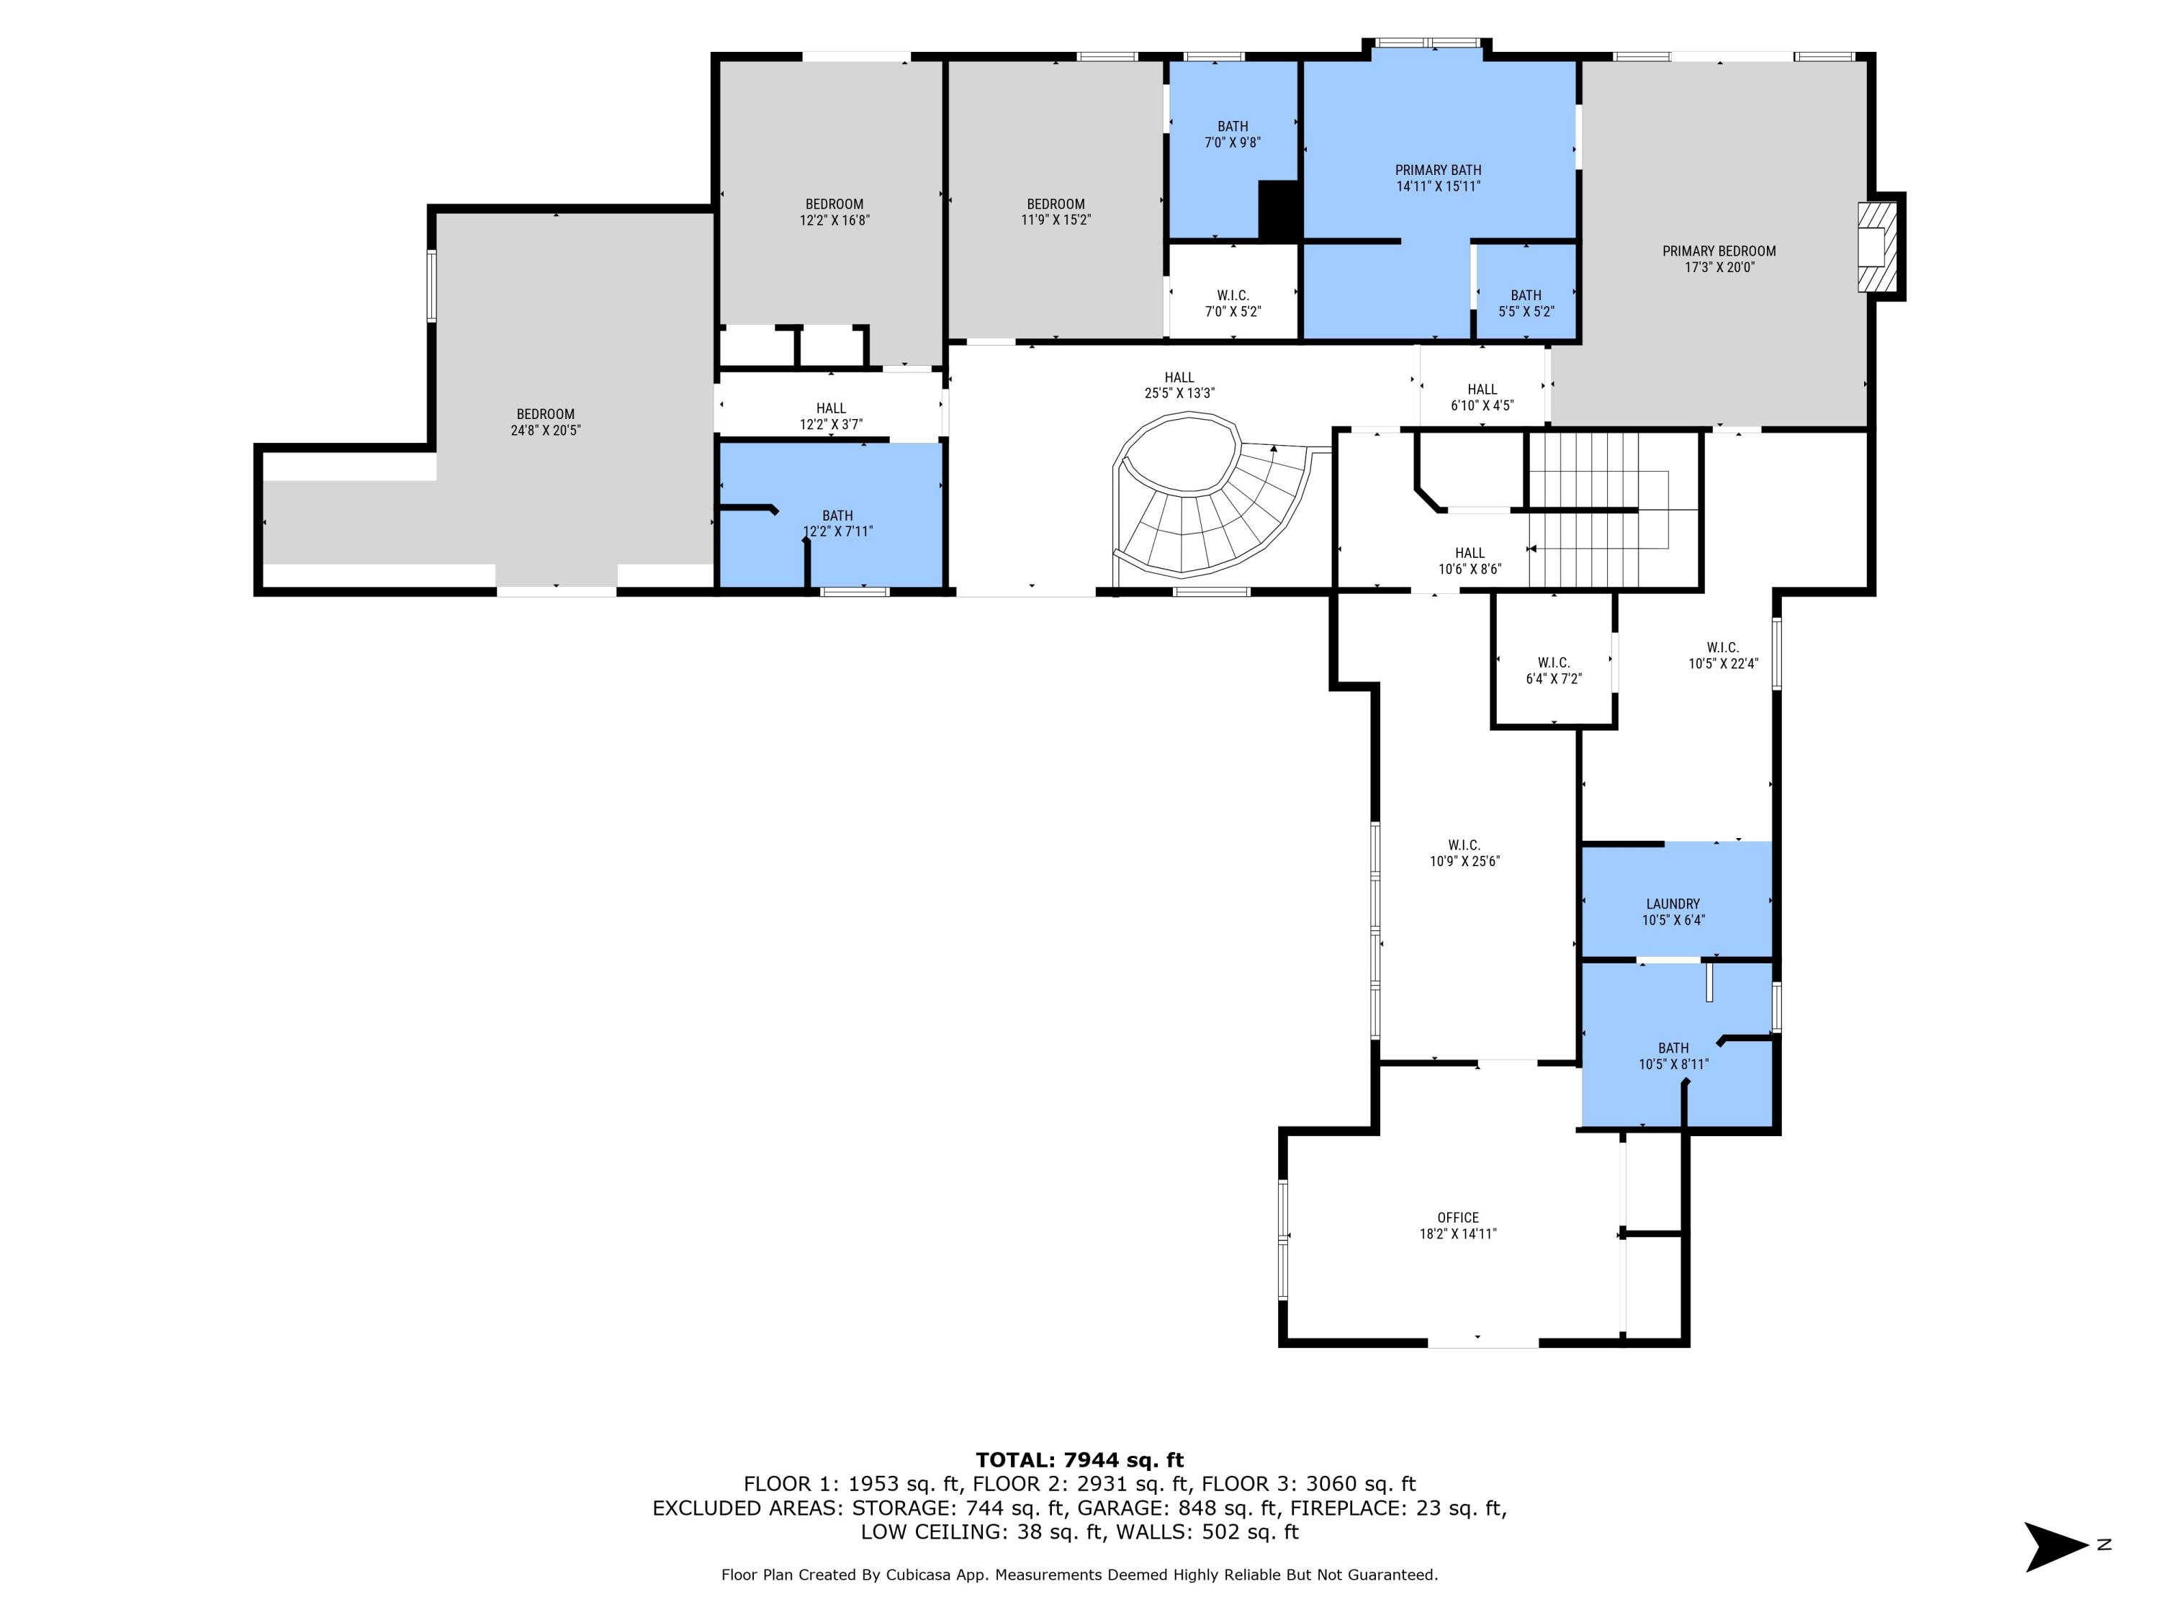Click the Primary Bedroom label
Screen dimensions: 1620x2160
[1719, 258]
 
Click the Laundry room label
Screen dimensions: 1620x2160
[1673, 911]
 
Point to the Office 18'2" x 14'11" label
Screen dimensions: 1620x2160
[1457, 1225]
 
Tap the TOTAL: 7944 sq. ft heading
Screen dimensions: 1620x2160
[1079, 1460]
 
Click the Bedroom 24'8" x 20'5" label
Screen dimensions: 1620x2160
[545, 422]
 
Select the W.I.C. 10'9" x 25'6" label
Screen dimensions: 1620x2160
[1464, 852]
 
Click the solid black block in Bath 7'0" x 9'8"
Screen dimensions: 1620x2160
[1277, 210]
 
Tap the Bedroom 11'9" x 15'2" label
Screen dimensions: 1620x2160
[1056, 212]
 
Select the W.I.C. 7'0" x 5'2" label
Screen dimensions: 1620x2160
[1233, 302]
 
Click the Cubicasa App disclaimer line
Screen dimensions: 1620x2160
[1079, 1574]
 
